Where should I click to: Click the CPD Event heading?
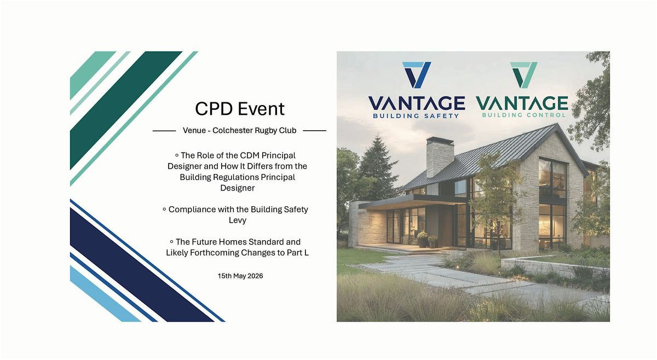(240, 109)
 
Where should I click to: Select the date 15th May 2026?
(240, 276)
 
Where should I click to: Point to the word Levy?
(238, 220)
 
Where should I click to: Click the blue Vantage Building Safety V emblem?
(417, 75)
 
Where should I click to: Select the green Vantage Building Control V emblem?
(524, 75)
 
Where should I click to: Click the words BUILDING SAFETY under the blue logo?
(416, 116)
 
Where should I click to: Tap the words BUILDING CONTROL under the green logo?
(523, 115)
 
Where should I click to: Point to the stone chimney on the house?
(440, 157)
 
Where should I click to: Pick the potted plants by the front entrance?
(427, 240)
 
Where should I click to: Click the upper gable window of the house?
(552, 179)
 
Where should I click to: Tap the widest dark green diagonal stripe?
(126, 110)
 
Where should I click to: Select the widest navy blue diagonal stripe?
(142, 265)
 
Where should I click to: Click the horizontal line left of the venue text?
(164, 131)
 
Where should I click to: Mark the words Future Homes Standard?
(238, 242)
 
